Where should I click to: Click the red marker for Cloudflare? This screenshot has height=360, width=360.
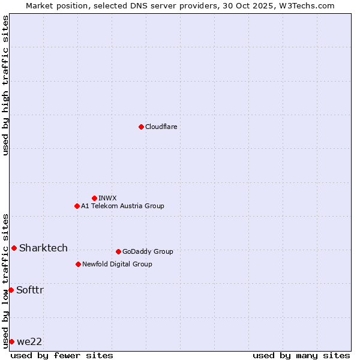pos(141,127)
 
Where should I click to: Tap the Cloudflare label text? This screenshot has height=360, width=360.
pos(161,127)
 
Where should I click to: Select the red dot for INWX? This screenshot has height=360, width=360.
pos(94,198)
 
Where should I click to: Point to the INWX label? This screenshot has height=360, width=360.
pos(107,198)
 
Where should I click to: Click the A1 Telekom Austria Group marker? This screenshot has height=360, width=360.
pos(77,206)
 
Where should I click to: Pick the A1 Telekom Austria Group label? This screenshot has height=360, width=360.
pos(122,206)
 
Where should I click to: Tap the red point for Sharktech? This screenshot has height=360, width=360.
pos(14,248)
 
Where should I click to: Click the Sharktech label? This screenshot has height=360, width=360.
pos(43,248)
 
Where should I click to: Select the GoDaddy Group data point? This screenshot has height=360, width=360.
pos(118,251)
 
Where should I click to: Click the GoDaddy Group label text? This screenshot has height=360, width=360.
pos(148,251)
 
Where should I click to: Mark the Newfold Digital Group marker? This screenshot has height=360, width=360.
pos(78,264)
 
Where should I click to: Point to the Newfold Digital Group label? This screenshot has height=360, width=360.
pos(117,264)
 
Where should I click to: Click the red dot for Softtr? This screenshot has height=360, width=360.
pos(11,290)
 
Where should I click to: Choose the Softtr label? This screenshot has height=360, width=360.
pos(30,290)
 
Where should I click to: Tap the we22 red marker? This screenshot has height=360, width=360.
pos(11,341)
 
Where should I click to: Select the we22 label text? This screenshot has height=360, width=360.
pos(29,341)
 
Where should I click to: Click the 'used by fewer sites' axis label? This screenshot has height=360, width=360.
pos(62,355)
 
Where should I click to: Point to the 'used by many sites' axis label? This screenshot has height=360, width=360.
pos(301,355)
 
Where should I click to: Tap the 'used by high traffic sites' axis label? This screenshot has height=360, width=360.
pos(5,85)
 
